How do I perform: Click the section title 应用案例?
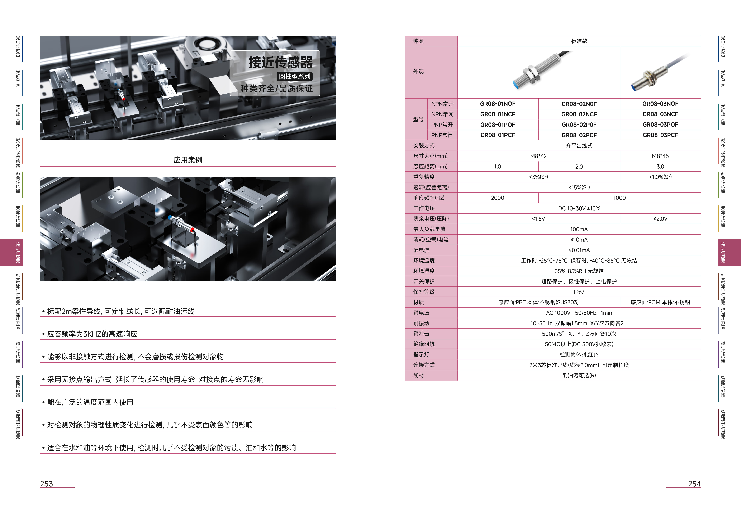click(188, 160)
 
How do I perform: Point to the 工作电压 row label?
click(424, 208)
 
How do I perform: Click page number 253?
click(47, 484)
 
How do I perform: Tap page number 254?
click(694, 484)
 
